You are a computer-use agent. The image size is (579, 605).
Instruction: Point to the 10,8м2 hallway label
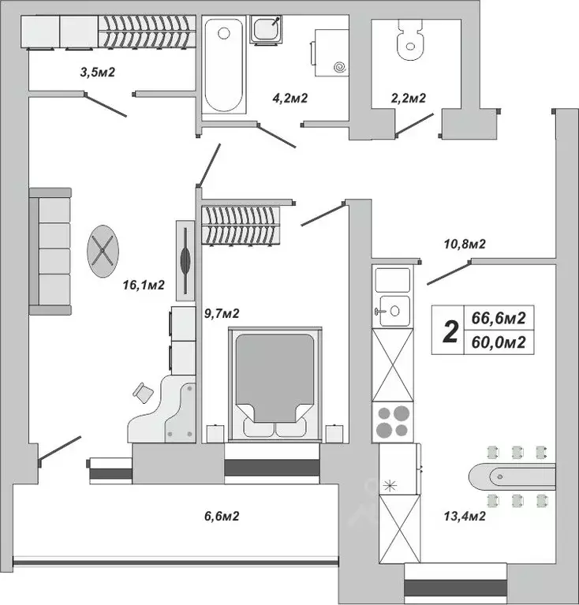(x=464, y=245)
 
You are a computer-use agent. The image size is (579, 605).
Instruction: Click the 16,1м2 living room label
(x=143, y=286)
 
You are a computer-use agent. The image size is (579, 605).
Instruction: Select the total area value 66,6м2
(x=498, y=318)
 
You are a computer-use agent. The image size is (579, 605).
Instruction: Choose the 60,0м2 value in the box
(x=498, y=342)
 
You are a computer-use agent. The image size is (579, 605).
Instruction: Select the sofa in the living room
(x=50, y=251)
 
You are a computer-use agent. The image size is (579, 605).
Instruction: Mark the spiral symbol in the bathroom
(x=340, y=68)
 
